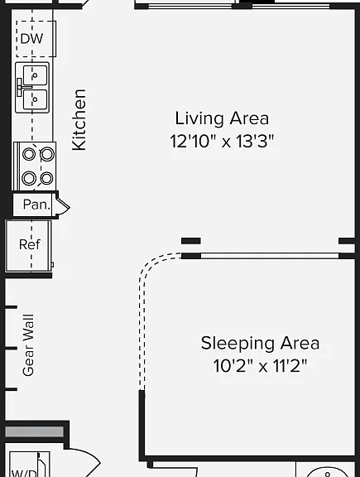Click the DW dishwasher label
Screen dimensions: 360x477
pyautogui.click(x=31, y=39)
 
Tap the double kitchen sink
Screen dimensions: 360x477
pyautogui.click(x=32, y=87)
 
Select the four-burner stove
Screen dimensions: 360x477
pyautogui.click(x=35, y=166)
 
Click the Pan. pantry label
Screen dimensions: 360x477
pyautogui.click(x=36, y=205)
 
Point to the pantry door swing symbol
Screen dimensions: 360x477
pyautogui.click(x=63, y=208)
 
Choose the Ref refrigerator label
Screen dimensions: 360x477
pyautogui.click(x=30, y=244)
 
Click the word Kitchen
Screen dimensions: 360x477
pyautogui.click(x=79, y=119)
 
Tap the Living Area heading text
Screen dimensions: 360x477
pyautogui.click(x=222, y=118)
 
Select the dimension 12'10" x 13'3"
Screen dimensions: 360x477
pyautogui.click(x=222, y=141)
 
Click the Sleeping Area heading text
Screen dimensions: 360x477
pyautogui.click(x=260, y=343)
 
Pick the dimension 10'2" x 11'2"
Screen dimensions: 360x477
pyautogui.click(x=260, y=366)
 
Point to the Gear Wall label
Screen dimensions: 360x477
pyautogui.click(x=28, y=345)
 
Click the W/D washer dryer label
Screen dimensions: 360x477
pyautogui.click(x=24, y=473)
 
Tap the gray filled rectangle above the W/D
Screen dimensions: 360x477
pyautogui.click(x=35, y=431)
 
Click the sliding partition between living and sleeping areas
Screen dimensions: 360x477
pyautogui.click(x=270, y=256)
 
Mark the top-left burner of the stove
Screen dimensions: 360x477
pyautogui.click(x=29, y=154)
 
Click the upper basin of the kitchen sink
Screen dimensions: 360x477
pyautogui.click(x=36, y=75)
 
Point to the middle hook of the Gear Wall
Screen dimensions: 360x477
pyautogui.click(x=11, y=348)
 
